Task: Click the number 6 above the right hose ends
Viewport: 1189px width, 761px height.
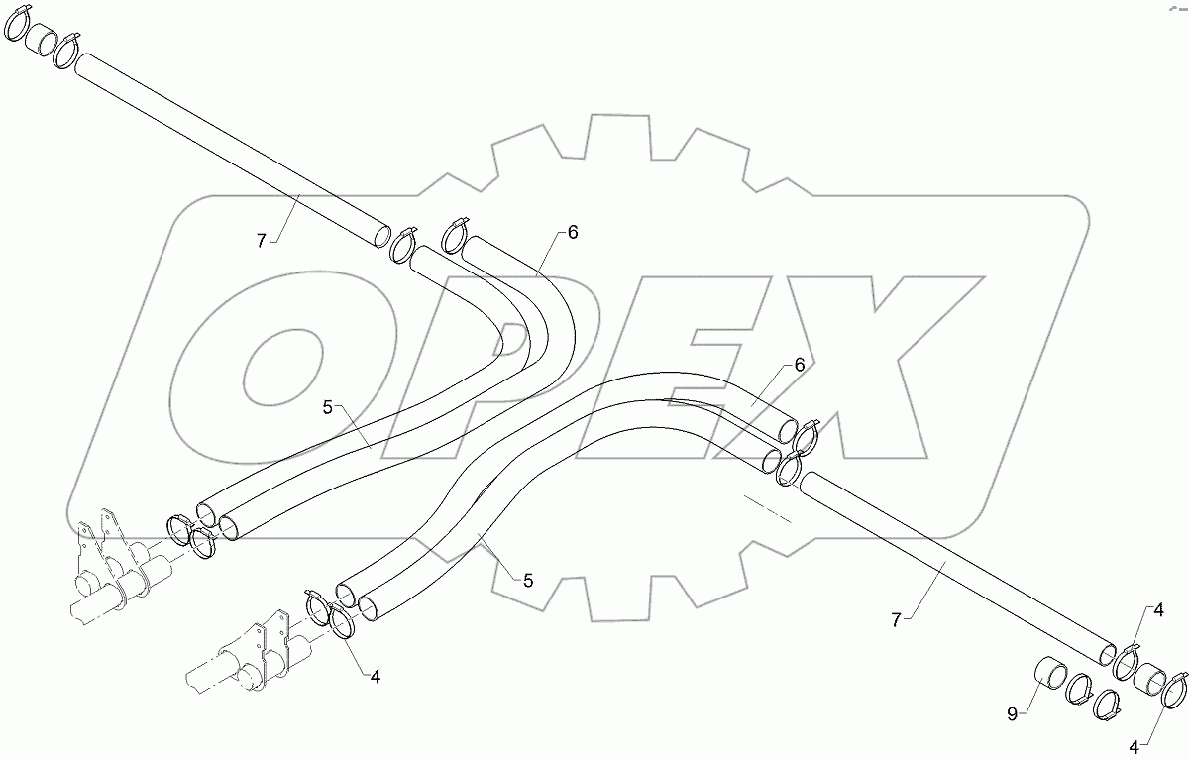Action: tap(799, 366)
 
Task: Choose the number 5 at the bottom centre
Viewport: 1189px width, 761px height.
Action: tap(528, 581)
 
